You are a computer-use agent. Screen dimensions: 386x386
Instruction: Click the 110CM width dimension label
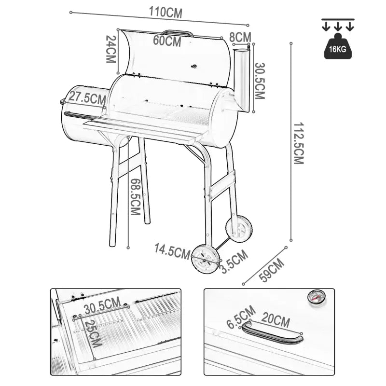[x=165, y=13]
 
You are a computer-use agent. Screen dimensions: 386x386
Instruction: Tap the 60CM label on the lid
[x=167, y=41]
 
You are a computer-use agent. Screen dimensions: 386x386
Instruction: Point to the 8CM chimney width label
[x=240, y=37]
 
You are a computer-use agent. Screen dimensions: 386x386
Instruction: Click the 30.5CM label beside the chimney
[x=260, y=81]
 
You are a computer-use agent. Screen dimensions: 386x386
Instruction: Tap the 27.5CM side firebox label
[x=87, y=97]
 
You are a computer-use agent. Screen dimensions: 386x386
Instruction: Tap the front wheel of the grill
[x=206, y=258]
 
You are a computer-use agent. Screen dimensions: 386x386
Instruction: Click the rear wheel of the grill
[x=239, y=229]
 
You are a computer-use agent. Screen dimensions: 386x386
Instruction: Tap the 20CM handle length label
[x=276, y=319]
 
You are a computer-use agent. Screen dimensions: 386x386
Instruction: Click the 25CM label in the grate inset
[x=93, y=333]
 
